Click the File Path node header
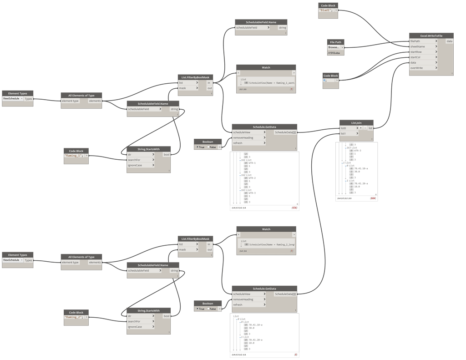coord(335,42)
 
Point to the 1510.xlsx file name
coord(334,53)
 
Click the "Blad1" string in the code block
coord(325,10)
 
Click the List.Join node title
coord(356,123)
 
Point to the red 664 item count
coord(373,198)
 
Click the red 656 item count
coord(294,208)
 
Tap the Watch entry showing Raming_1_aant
coord(271,83)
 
